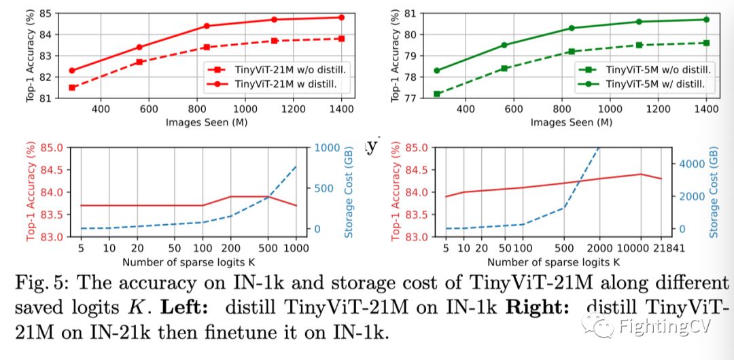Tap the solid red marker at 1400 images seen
(x=340, y=17)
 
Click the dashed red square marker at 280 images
(x=72, y=88)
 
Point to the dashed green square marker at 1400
(x=706, y=43)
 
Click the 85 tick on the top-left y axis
(x=48, y=13)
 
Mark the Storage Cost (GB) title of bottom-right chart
(x=713, y=192)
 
